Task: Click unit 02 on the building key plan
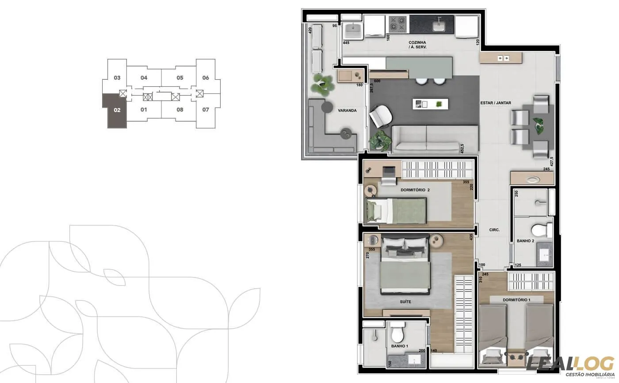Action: coord(117,110)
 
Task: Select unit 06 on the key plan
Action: coord(206,78)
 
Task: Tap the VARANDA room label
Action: coord(347,111)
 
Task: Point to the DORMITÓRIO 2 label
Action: coord(415,190)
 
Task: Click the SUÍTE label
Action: coord(405,302)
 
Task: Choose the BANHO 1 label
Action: coord(399,346)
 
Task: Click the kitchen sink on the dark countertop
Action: coord(439,25)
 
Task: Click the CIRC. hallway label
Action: coord(494,230)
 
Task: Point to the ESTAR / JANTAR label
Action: coord(496,103)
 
